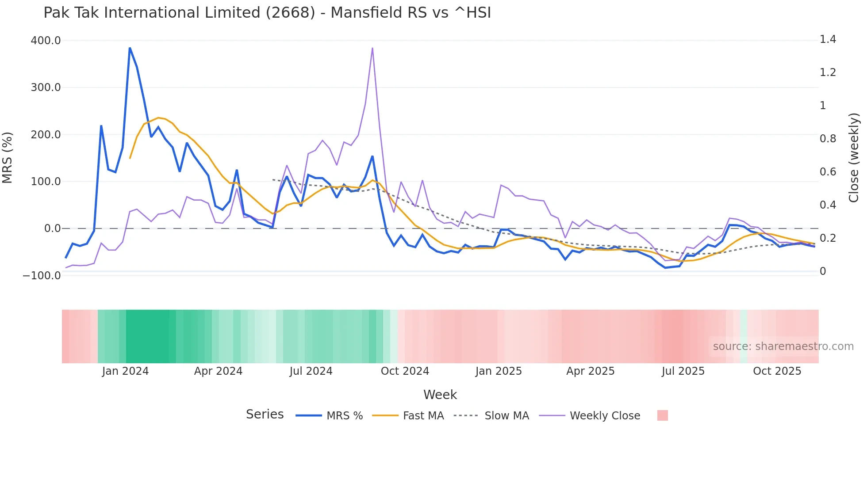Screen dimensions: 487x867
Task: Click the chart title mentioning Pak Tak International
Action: pyautogui.click(x=267, y=13)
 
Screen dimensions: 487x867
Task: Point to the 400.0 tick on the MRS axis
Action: pyautogui.click(x=46, y=41)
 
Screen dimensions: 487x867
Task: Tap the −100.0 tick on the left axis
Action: pyautogui.click(x=42, y=276)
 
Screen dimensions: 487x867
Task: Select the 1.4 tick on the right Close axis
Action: pyautogui.click(x=828, y=40)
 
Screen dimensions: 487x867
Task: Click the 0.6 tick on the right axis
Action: pyautogui.click(x=828, y=172)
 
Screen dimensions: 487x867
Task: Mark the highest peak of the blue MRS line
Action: pyautogui.click(x=130, y=48)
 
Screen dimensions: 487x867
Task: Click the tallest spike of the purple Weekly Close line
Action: pyautogui.click(x=372, y=48)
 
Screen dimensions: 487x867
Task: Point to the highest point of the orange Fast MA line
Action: pyautogui.click(x=158, y=118)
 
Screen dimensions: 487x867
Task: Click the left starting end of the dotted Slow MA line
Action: pyautogui.click(x=273, y=179)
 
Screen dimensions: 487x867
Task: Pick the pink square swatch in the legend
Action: pyautogui.click(x=662, y=415)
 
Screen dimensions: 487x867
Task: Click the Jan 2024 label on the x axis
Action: pyautogui.click(x=125, y=371)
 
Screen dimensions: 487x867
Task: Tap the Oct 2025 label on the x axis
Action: pyautogui.click(x=777, y=371)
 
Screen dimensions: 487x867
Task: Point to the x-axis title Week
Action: pyautogui.click(x=440, y=395)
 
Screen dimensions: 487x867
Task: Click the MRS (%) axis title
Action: pyautogui.click(x=8, y=158)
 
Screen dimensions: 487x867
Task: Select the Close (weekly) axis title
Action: pyautogui.click(x=854, y=158)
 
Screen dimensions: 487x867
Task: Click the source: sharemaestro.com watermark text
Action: pyautogui.click(x=783, y=346)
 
